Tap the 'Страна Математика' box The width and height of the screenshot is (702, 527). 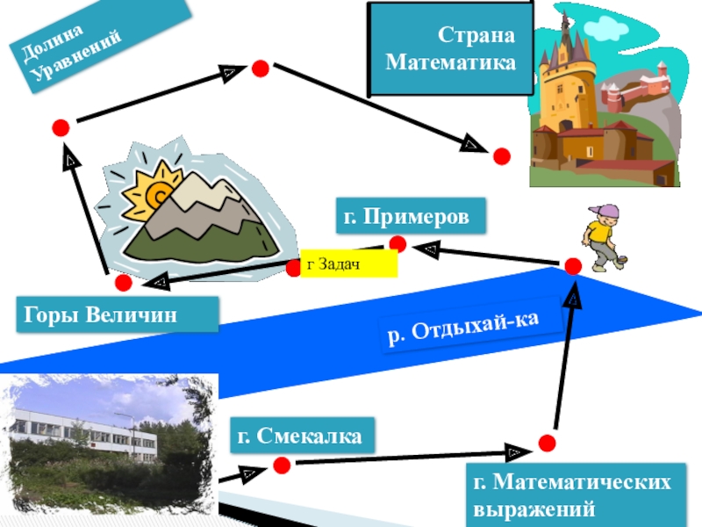tap(451, 50)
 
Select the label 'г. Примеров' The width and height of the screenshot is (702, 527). tap(411, 216)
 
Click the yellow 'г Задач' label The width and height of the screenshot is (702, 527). tap(348, 263)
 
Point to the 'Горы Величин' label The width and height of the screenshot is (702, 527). tap(117, 314)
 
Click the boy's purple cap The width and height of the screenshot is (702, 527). tap(605, 212)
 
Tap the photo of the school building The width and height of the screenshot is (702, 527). tap(110, 444)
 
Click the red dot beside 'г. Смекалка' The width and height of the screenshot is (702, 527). tap(282, 463)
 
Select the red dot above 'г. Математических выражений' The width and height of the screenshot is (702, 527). tap(546, 442)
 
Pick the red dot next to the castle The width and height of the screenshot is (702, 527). tap(501, 156)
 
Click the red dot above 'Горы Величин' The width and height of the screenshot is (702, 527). tap(123, 283)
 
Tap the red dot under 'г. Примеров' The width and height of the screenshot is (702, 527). tap(398, 243)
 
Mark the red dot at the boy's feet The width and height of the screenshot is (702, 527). tap(573, 266)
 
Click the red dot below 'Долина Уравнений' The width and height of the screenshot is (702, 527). tap(61, 127)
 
